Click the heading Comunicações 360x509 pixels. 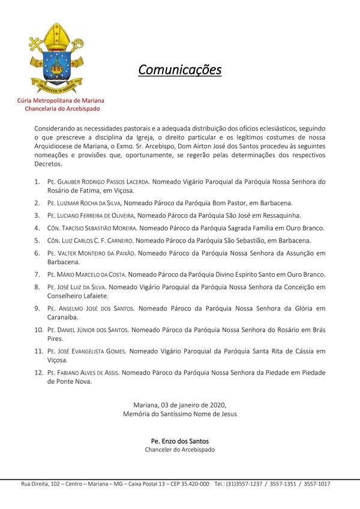tap(179, 70)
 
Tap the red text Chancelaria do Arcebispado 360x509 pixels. tap(62, 109)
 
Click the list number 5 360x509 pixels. tap(37, 241)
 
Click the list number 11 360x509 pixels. tap(37, 351)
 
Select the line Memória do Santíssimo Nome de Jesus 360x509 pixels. tap(180, 414)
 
